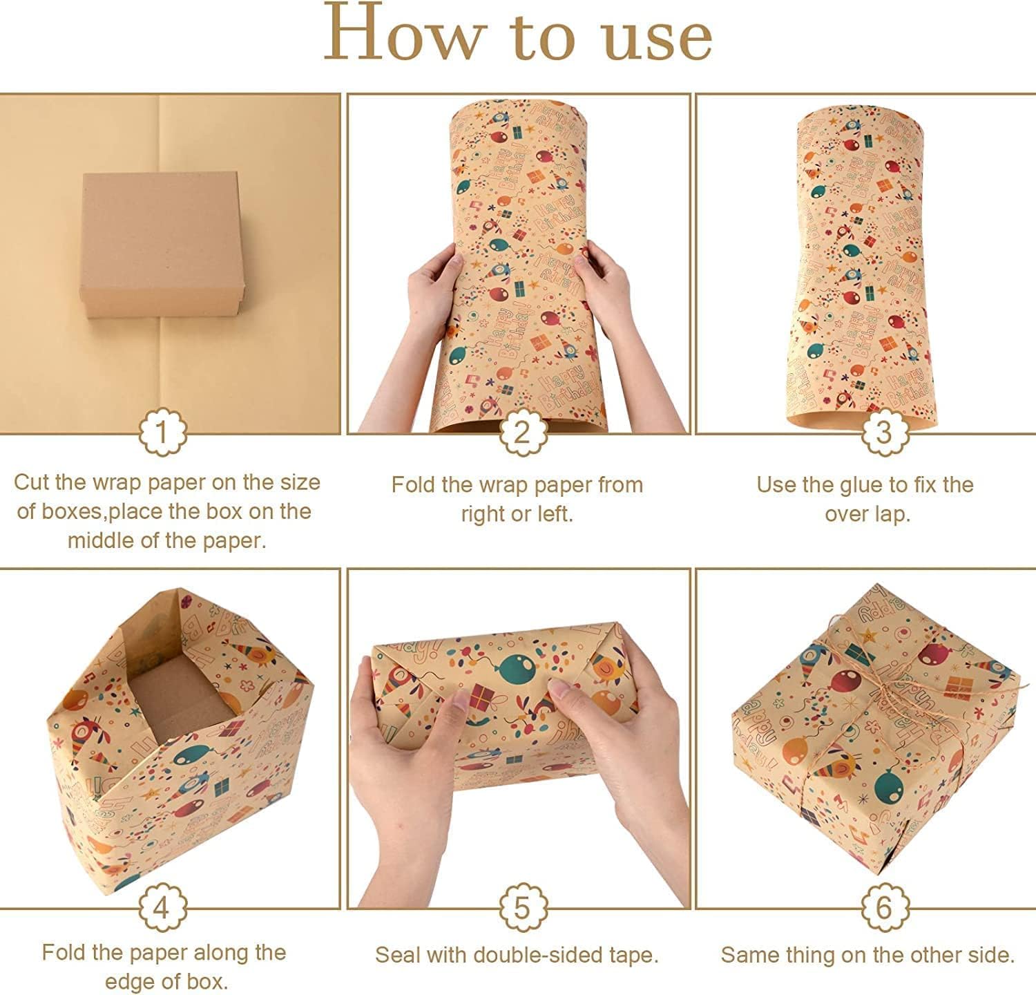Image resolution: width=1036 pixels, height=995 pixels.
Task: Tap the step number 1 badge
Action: pyautogui.click(x=162, y=433)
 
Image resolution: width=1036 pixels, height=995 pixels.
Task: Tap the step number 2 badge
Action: pyautogui.click(x=523, y=433)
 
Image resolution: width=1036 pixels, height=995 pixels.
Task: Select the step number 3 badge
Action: pyautogui.click(x=884, y=433)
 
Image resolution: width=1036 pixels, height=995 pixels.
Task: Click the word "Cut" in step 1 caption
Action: pyautogui.click(x=32, y=482)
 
